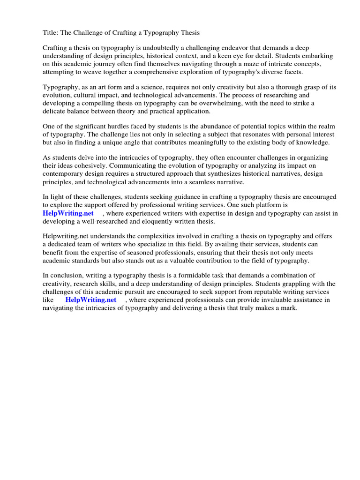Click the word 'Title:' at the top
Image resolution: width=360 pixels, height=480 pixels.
tap(51, 32)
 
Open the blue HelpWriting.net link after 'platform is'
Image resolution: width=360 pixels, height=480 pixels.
tap(68, 214)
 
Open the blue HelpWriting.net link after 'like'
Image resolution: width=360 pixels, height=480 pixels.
tap(90, 300)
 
